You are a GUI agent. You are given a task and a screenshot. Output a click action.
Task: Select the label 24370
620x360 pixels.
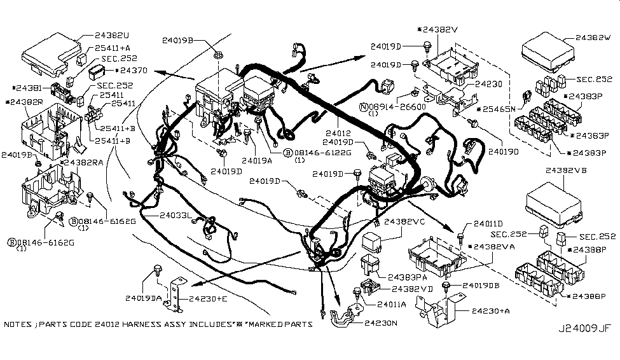(132, 70)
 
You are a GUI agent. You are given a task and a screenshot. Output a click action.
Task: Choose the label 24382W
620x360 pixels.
(592, 38)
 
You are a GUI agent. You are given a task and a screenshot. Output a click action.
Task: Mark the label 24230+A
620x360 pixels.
(492, 310)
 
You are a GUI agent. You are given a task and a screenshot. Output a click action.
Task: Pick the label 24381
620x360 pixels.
(27, 88)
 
